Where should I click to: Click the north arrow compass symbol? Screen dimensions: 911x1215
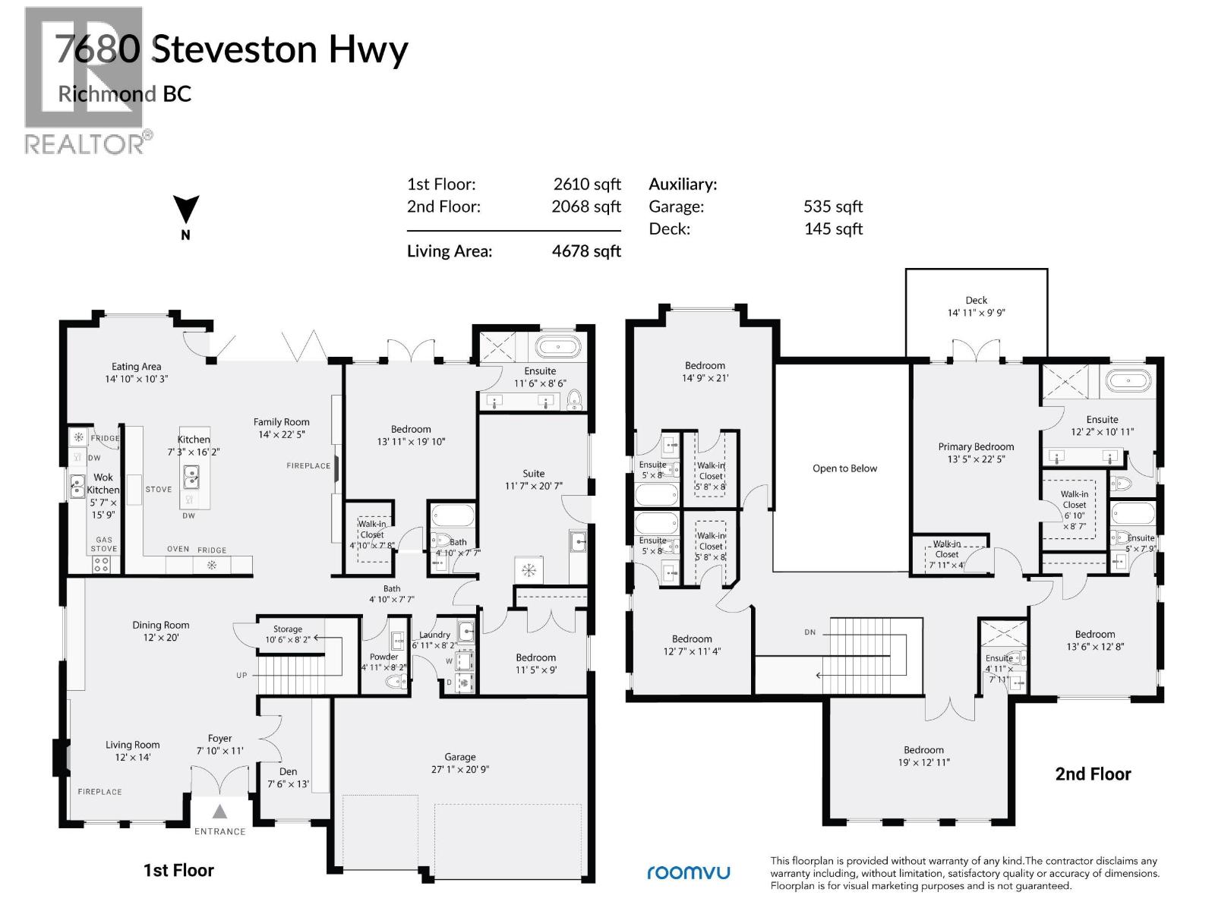186,210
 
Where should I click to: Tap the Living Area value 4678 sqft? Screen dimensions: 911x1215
586,251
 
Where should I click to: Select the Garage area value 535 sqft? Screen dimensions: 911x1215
833,206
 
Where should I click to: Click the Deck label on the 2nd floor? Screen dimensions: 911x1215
976,301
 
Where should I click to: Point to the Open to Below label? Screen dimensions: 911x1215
844,468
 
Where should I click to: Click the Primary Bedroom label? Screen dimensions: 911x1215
976,447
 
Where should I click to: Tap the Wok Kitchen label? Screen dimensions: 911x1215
103,484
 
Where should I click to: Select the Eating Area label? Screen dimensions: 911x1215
137,367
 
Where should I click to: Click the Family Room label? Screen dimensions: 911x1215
282,422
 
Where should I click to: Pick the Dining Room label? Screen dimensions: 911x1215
161,626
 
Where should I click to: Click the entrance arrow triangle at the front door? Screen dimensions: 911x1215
219,812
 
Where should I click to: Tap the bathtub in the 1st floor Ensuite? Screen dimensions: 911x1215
558,348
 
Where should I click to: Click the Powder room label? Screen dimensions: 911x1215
383,657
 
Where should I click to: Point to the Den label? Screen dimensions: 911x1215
288,771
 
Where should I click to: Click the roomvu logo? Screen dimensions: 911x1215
688,872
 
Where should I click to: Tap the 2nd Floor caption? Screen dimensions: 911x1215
1093,774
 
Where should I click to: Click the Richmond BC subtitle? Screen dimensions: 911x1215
125,94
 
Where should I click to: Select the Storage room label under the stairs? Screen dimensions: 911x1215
288,629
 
